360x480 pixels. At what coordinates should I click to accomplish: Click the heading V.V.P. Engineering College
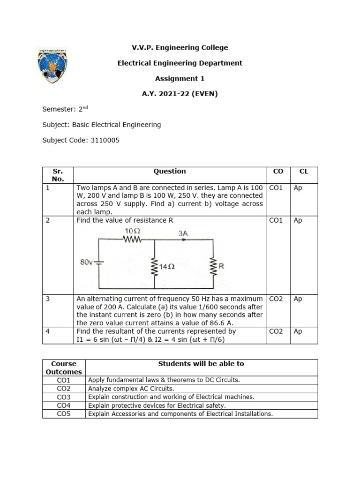pyautogui.click(x=180, y=47)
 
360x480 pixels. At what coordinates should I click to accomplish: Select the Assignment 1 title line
pyautogui.click(x=180, y=78)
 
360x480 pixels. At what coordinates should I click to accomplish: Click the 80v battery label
pyautogui.click(x=87, y=262)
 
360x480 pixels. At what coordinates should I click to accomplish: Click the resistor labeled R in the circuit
pyautogui.click(x=214, y=266)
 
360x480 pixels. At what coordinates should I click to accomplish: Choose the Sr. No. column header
pyautogui.click(x=58, y=175)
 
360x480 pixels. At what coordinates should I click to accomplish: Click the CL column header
pyautogui.click(x=304, y=172)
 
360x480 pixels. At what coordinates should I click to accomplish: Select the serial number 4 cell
pyautogui.click(x=48, y=331)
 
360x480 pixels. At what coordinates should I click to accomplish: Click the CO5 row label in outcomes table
pyautogui.click(x=63, y=413)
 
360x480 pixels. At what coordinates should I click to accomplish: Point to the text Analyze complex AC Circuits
pyautogui.click(x=131, y=388)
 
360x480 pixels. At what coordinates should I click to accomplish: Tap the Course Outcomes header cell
pyautogui.click(x=63, y=367)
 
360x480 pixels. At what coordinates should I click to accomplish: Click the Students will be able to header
pyautogui.click(x=201, y=364)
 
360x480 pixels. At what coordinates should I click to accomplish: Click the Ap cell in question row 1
pyautogui.click(x=298, y=188)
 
